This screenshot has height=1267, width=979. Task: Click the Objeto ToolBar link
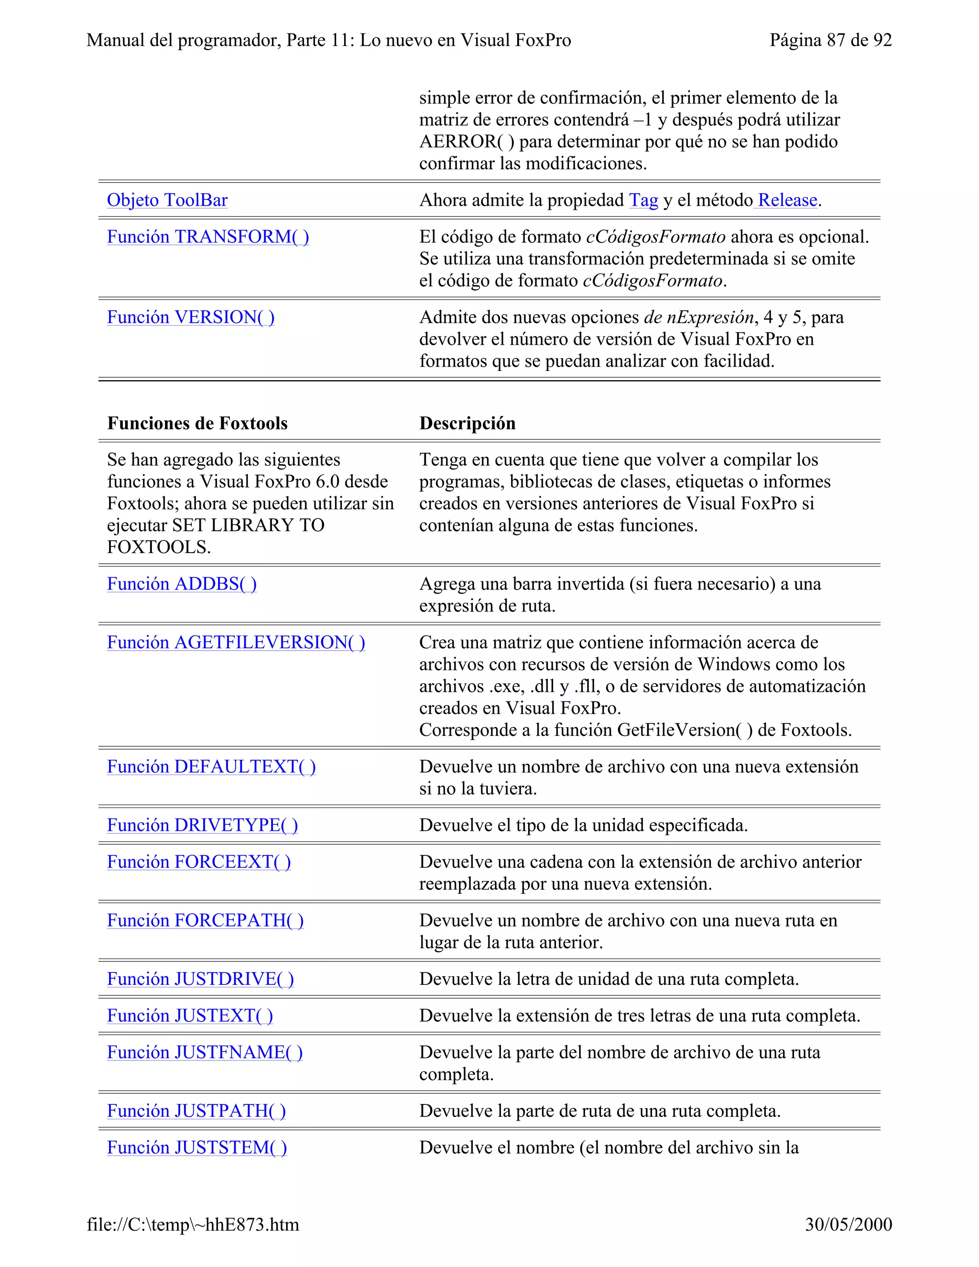(167, 200)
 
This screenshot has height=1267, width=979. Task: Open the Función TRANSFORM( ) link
(207, 237)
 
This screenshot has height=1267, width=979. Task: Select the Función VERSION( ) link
(190, 317)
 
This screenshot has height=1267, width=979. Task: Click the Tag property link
(643, 200)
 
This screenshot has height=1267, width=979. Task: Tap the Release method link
(787, 200)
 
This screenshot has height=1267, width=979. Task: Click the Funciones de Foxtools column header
(197, 424)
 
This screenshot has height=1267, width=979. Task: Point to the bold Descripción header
(467, 424)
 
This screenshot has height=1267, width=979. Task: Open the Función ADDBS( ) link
(182, 584)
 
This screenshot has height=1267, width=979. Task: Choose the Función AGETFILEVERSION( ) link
(236, 643)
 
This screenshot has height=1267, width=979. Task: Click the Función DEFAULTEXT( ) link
(211, 767)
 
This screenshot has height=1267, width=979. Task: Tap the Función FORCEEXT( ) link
(198, 862)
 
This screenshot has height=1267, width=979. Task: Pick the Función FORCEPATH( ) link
(205, 921)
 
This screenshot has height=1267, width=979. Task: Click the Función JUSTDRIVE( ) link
(200, 979)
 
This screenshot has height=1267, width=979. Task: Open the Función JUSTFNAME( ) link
(204, 1052)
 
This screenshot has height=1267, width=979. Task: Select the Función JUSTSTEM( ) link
(196, 1147)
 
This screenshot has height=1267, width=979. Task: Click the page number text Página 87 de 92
(830, 40)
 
